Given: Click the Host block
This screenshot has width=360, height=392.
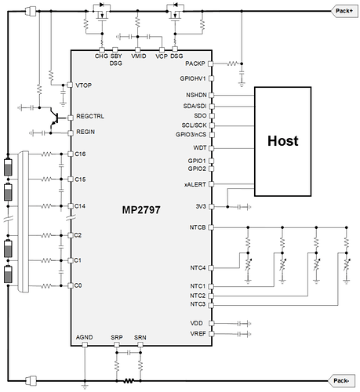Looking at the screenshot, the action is [282, 141].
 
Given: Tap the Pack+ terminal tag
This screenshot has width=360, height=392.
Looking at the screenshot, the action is [344, 11].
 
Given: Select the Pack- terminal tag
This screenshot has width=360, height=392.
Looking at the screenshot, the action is [341, 381].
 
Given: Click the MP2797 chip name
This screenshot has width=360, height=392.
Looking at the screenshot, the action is [141, 210].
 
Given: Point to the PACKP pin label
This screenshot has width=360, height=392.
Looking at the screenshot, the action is [195, 64].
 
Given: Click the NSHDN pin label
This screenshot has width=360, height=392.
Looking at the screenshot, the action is [196, 95].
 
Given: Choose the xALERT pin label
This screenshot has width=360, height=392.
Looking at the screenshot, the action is [195, 184].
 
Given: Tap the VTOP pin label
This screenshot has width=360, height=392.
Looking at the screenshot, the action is [83, 85].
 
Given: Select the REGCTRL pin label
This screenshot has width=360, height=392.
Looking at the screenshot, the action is [90, 116].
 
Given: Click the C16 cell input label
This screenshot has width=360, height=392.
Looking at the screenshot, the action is [80, 154].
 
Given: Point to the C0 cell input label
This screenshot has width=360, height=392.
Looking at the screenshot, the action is [78, 285].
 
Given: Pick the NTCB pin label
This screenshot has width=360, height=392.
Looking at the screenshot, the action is [198, 227].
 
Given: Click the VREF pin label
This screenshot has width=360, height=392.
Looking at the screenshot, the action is [198, 334].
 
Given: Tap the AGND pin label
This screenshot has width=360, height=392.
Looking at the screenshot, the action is [84, 337].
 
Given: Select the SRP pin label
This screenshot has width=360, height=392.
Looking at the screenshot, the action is [117, 337].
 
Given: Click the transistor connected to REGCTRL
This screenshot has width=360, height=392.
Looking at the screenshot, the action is [54, 118].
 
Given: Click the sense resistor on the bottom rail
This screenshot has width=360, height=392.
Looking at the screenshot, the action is [129, 381].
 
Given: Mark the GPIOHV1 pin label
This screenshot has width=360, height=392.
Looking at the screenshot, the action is [193, 78].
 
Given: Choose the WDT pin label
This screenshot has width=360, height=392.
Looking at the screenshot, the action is [200, 148].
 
